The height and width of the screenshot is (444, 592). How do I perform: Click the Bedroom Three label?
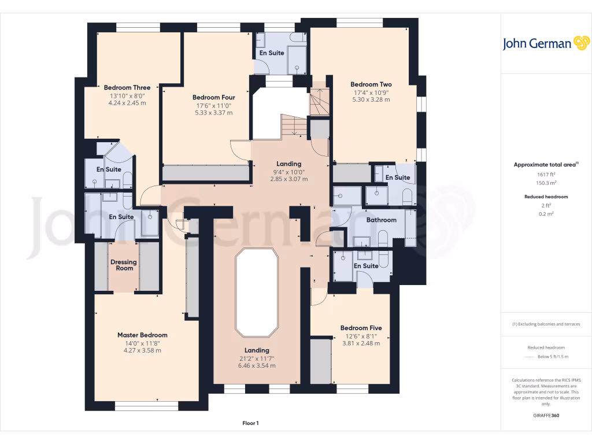(127, 88)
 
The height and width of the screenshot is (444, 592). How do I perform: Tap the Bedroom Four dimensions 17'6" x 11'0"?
(213, 106)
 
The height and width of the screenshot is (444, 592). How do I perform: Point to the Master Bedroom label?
(142, 335)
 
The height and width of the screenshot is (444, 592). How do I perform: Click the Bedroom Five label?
(361, 328)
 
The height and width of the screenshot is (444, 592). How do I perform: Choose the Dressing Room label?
(123, 265)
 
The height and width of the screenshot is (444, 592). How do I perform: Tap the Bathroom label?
(382, 220)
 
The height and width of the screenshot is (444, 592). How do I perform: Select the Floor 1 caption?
(250, 423)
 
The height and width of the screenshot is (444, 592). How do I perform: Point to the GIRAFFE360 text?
(546, 416)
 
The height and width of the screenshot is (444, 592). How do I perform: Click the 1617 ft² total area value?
(546, 174)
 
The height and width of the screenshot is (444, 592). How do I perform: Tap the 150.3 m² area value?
(546, 183)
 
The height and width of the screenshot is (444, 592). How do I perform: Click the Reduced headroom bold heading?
(546, 197)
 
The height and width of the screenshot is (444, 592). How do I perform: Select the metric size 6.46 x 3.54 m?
(257, 365)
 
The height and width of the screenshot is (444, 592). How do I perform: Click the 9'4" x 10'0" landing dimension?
(288, 172)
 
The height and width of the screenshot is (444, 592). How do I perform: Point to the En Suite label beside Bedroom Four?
(271, 53)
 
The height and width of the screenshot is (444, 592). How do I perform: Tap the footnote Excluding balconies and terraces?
(546, 324)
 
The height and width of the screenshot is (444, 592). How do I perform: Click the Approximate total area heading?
(546, 165)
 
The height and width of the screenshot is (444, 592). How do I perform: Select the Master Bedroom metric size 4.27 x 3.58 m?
(142, 350)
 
